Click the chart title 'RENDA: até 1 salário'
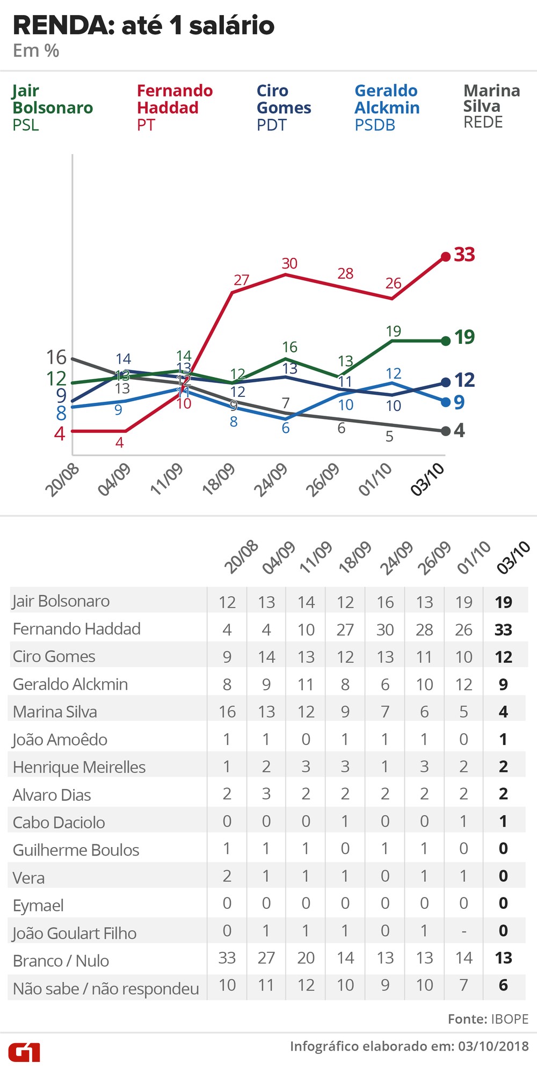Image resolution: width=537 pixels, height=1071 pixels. coord(143,25)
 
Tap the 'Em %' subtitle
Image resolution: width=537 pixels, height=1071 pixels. coord(36,51)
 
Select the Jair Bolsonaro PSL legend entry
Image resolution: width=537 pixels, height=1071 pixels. coord(52,107)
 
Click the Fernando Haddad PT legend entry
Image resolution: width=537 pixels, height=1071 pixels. coord(175,107)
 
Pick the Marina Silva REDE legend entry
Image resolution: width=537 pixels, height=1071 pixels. coord(491,106)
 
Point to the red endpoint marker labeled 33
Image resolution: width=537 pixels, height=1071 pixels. coord(446,256)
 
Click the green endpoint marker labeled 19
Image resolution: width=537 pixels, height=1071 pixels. coord(446,341)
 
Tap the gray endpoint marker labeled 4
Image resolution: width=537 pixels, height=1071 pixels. coord(446,431)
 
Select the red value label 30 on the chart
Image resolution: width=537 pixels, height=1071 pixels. coord(289,263)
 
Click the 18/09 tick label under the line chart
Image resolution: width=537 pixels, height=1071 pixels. coord(219,479)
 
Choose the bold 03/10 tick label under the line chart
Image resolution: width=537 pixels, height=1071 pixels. coord(427,479)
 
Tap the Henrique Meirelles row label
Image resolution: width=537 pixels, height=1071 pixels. coord(79,767)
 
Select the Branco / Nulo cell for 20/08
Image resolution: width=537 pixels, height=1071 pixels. coord(227,958)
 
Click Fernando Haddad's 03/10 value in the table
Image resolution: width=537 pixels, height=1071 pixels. coord(503,629)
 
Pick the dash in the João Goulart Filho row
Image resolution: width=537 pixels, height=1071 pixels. coord(464,931)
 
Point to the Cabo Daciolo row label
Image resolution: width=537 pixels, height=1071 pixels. coord(59,822)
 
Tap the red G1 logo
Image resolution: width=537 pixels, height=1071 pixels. coord(24,1052)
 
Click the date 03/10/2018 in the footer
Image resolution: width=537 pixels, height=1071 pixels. coord(493,1046)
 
